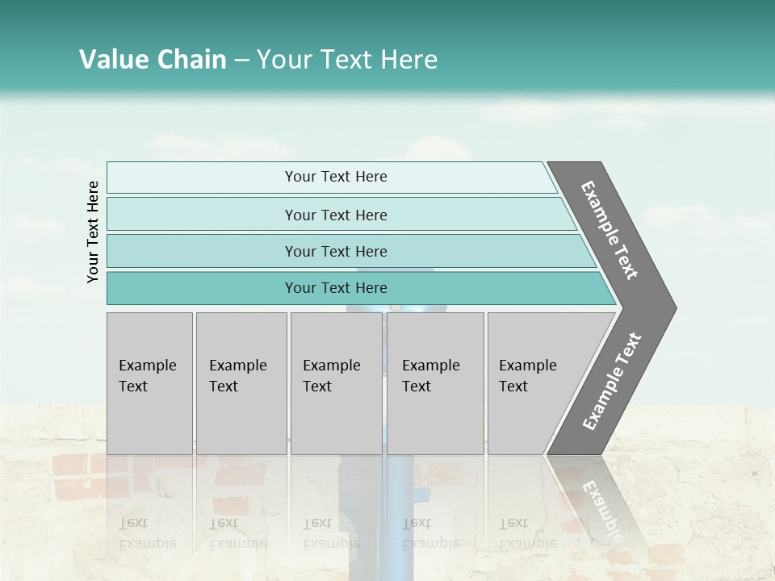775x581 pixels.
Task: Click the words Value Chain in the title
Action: pos(153,60)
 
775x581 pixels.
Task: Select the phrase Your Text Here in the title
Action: pos(347,60)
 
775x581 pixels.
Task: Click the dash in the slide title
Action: pos(241,61)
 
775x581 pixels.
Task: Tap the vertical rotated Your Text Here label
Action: pos(93,232)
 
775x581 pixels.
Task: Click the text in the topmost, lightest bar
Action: pos(336,177)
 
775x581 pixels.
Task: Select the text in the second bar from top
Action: pos(336,215)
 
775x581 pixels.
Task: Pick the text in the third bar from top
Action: pos(336,251)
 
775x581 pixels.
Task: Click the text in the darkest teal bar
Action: pos(336,288)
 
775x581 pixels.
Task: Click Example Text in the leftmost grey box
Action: pos(147,376)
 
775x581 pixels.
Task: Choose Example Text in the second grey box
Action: pos(237,376)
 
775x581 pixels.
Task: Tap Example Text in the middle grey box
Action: pos(331,376)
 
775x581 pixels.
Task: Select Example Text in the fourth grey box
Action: pos(430,376)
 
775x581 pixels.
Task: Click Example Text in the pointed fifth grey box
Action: pos(527,376)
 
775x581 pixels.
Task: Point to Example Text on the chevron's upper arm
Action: pos(610,230)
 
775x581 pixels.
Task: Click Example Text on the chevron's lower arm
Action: pos(612,382)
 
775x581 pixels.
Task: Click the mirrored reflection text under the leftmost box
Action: pos(147,533)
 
